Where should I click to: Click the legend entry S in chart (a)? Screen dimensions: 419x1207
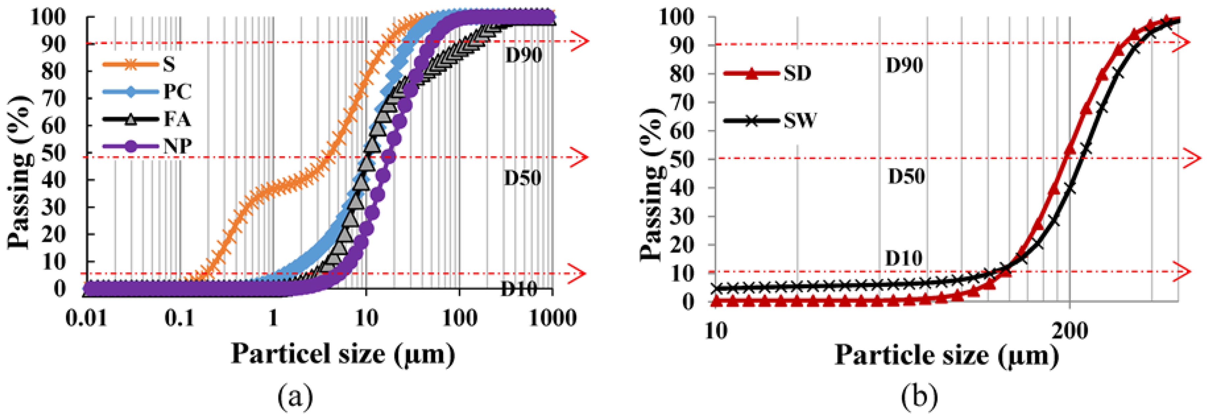click(169, 64)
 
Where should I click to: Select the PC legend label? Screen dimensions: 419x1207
click(177, 92)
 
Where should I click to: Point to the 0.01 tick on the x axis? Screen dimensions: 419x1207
click(86, 319)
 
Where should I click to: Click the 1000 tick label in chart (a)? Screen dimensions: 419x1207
click(552, 319)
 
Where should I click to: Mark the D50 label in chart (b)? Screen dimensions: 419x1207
click(906, 177)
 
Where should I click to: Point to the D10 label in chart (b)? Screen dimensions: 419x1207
click(903, 258)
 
